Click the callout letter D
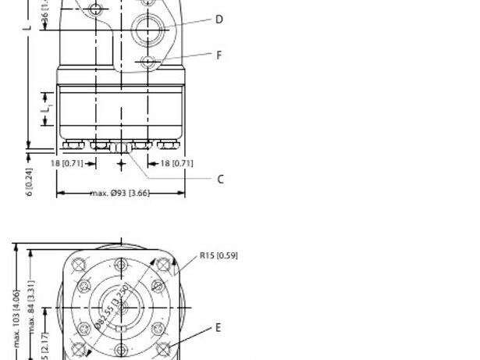tap(219, 20)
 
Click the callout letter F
tap(219, 55)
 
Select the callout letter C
tap(220, 179)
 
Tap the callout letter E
tap(219, 328)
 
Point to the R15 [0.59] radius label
tap(219, 255)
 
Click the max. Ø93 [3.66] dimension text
tap(120, 193)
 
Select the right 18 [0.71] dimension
tap(176, 163)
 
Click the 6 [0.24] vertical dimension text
tap(29, 182)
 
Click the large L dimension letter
tap(27, 27)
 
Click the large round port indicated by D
tap(148, 31)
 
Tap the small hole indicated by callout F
tap(148, 61)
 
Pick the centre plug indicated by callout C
tap(120, 146)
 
